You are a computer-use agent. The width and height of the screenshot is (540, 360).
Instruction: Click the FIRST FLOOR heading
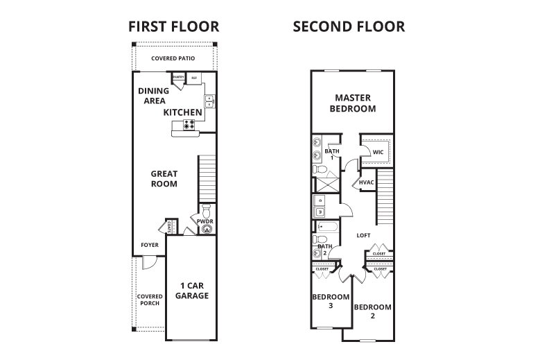click(x=174, y=27)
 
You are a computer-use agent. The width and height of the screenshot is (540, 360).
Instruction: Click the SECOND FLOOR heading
click(x=349, y=27)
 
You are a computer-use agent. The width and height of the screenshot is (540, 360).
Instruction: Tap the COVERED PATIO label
click(x=173, y=58)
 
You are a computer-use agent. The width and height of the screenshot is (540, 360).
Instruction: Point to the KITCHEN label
click(x=183, y=112)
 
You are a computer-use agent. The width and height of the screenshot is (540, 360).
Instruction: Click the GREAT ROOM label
click(x=165, y=179)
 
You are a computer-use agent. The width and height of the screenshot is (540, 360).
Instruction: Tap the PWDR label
click(x=204, y=221)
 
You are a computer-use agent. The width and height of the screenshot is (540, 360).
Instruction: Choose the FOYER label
click(x=150, y=245)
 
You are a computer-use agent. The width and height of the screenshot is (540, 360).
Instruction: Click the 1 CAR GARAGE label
click(x=192, y=291)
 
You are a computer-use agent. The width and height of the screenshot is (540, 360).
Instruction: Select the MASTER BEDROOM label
click(x=355, y=103)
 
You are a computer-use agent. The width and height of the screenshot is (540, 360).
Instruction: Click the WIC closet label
click(x=378, y=151)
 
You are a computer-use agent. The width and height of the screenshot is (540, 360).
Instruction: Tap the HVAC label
click(x=367, y=182)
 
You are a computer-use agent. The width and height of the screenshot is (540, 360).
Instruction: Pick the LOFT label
click(x=364, y=235)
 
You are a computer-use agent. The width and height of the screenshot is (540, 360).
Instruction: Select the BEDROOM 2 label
click(x=372, y=311)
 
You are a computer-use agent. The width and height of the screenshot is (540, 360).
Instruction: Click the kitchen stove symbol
click(x=188, y=125)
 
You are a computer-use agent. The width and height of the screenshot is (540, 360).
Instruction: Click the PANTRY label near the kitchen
click(x=178, y=77)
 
